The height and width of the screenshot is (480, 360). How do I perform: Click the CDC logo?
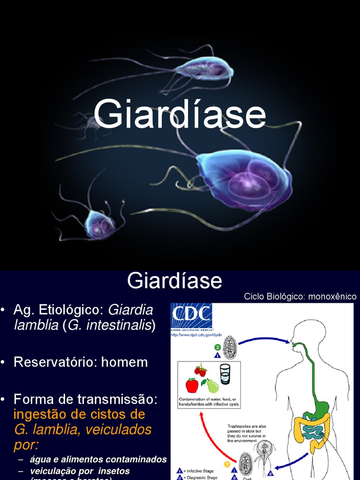click(x=191, y=316)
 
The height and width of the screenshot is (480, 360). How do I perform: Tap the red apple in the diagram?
click(x=192, y=385)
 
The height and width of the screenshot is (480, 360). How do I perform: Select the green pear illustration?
click(x=212, y=385)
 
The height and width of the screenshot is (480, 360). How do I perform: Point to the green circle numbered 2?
click(x=217, y=347)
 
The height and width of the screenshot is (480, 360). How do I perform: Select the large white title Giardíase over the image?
click(x=180, y=115)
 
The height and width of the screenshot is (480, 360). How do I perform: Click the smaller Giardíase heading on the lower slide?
click(x=174, y=281)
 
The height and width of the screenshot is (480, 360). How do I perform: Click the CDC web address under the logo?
click(x=196, y=335)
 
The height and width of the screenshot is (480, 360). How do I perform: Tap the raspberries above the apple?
click(x=200, y=371)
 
